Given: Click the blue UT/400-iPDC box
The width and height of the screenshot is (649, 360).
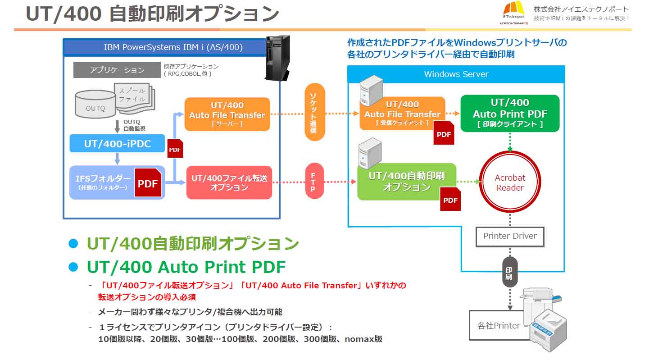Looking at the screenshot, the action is [117, 143].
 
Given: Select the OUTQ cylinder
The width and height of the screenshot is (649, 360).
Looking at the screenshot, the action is [95, 104].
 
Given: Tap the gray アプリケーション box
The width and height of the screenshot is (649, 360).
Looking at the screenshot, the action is [117, 70].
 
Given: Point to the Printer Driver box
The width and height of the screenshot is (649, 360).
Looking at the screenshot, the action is [510, 237].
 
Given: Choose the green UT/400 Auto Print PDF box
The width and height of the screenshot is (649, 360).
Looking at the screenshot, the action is [510, 114].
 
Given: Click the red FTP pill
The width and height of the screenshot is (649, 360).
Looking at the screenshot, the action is [314, 181].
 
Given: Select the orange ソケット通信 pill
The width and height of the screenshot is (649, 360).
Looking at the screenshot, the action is [315, 112].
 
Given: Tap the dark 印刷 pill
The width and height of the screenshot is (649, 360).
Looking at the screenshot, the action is [510, 272].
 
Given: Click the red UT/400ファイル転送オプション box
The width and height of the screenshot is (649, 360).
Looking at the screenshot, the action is [229, 182].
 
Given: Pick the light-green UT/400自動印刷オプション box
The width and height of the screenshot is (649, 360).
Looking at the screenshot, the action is [407, 182].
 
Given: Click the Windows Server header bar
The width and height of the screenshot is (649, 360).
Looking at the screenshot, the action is [456, 74].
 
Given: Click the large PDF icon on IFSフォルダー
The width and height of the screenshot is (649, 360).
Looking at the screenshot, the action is [148, 182].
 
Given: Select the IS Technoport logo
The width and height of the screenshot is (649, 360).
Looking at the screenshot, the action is [514, 13].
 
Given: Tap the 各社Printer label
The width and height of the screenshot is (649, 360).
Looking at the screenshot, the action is [499, 325].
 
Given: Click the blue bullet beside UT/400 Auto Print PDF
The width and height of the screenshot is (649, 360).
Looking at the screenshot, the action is [73, 267].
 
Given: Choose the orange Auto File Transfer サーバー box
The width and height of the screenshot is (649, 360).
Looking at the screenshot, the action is [227, 114].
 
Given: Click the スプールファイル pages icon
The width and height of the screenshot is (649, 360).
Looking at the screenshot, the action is [134, 98].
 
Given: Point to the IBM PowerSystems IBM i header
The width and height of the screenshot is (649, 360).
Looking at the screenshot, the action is [173, 47].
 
